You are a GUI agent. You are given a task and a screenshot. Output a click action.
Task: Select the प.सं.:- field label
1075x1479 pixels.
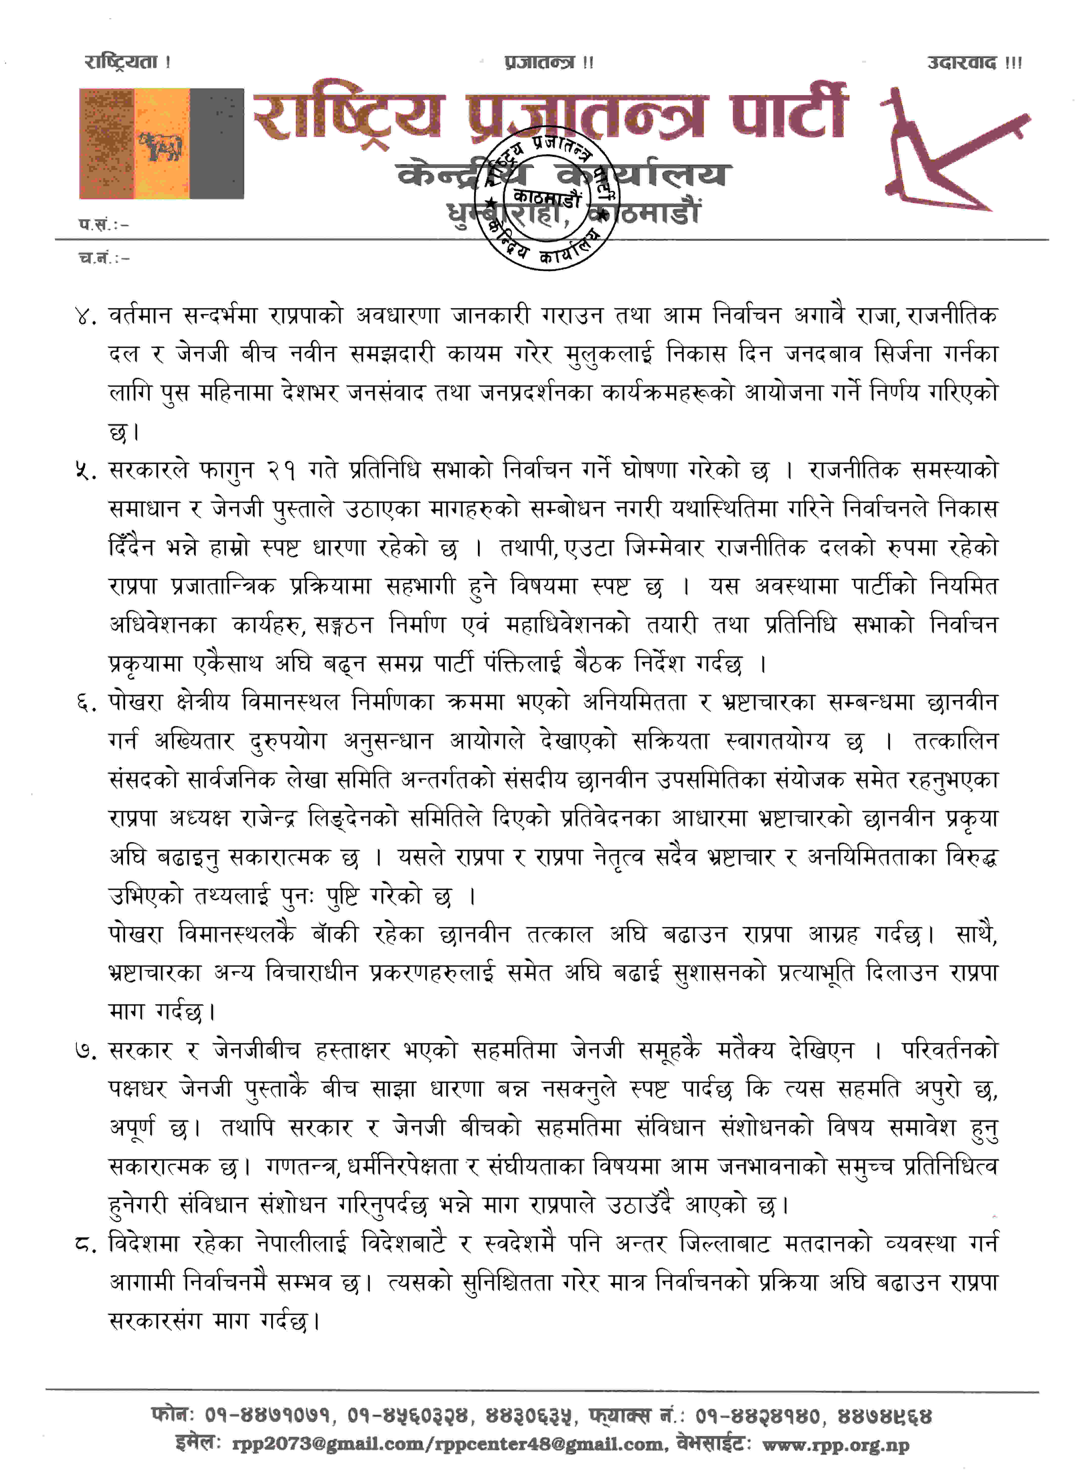103,224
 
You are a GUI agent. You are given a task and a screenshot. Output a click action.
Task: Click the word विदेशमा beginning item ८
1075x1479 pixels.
143,1244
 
